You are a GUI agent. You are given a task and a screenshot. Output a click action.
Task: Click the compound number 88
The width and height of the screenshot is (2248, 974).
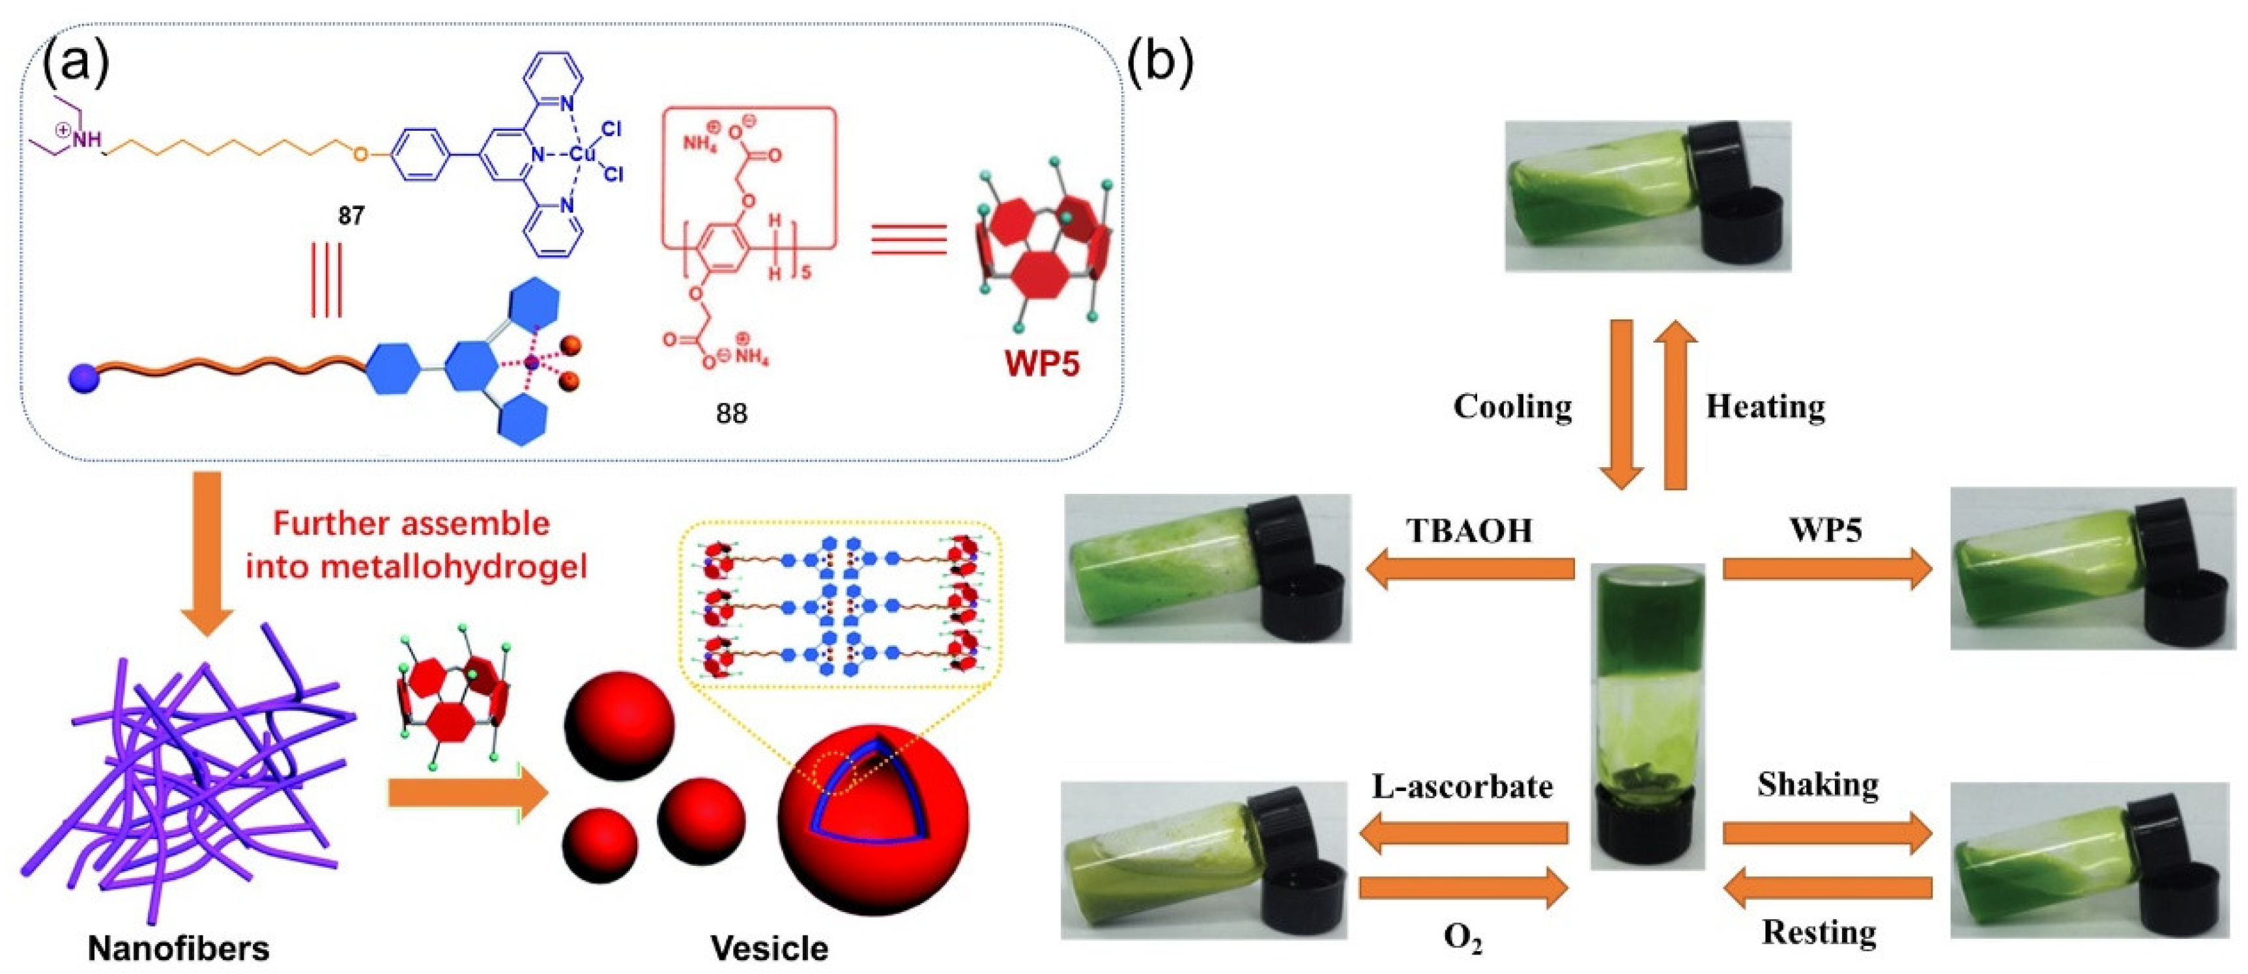731,413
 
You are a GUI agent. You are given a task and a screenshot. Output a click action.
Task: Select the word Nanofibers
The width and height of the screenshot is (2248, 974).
179,948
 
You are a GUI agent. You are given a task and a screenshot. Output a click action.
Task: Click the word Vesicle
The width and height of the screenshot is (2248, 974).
769,948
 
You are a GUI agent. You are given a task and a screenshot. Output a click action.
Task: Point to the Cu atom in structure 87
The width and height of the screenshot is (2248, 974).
582,155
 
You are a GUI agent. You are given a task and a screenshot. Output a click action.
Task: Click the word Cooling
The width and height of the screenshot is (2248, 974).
1512,407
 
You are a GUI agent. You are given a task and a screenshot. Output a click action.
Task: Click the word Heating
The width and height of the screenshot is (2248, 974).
1765,407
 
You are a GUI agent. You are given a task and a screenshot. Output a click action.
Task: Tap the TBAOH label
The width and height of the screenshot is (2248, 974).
1469,530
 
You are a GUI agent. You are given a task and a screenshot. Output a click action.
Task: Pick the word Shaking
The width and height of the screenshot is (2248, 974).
1819,784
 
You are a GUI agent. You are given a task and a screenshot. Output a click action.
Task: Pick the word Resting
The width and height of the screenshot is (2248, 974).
1819,933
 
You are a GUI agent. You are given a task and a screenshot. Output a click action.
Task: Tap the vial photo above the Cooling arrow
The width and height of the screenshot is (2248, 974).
1648,195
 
